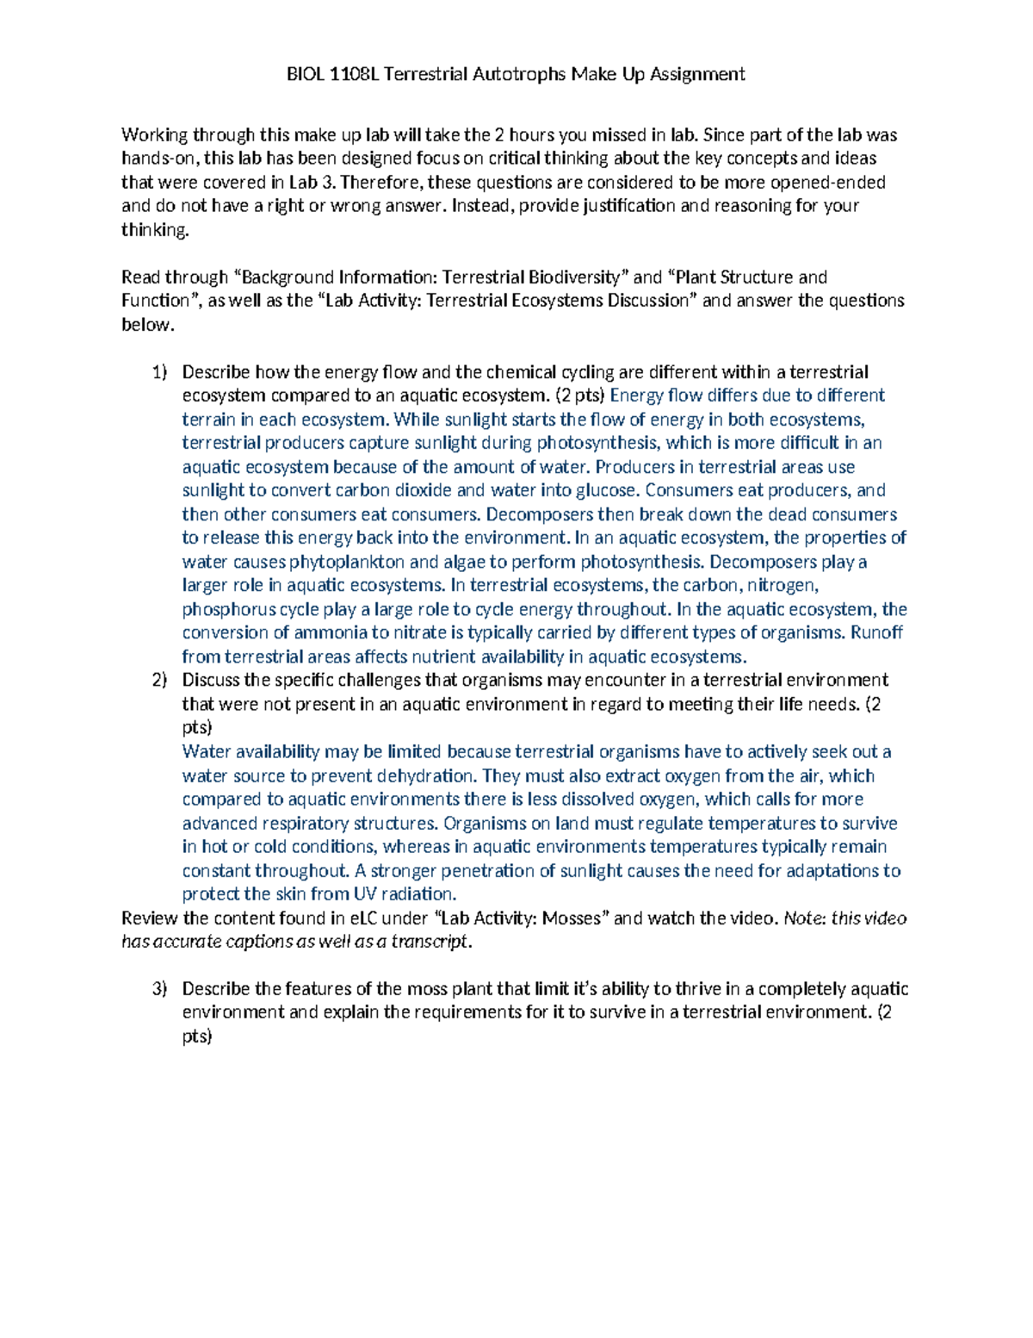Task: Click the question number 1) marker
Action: (x=160, y=372)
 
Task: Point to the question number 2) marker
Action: (x=160, y=681)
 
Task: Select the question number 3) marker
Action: (x=160, y=989)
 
